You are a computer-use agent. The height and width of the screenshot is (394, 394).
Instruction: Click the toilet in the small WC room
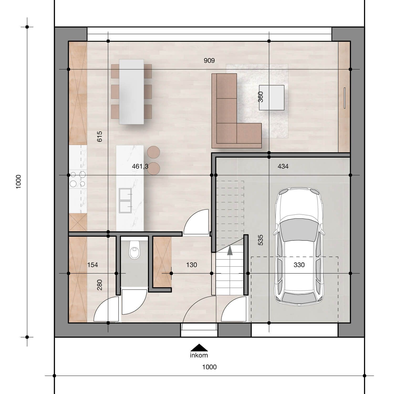(134, 250)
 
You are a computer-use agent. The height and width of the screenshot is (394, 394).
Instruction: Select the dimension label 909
(209, 61)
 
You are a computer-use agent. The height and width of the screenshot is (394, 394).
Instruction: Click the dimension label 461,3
(140, 166)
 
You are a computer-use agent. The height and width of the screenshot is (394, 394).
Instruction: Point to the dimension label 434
(283, 166)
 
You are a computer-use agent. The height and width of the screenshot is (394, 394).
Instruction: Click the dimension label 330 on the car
(299, 265)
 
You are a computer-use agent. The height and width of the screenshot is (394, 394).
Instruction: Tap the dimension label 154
(92, 265)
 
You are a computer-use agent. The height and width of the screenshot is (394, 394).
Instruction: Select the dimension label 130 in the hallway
(191, 265)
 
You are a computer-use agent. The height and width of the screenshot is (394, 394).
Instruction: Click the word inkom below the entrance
(199, 355)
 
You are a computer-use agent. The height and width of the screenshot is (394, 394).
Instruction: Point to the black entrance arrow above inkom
(199, 348)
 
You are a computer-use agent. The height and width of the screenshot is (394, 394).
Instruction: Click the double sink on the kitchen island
(126, 200)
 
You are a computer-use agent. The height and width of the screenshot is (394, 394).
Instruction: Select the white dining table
(131, 92)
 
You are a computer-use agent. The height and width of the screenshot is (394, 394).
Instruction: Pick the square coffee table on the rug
(272, 97)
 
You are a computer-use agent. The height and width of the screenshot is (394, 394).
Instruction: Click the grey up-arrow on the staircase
(230, 250)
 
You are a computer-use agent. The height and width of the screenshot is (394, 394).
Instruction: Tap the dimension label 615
(100, 137)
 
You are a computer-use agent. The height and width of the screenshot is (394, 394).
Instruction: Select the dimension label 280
(100, 285)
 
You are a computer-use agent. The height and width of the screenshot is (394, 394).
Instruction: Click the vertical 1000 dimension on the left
(18, 182)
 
